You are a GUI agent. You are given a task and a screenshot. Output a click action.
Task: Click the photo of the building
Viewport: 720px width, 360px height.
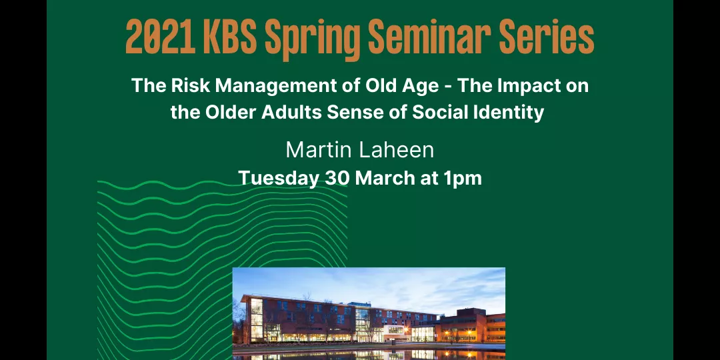pos(369,313)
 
